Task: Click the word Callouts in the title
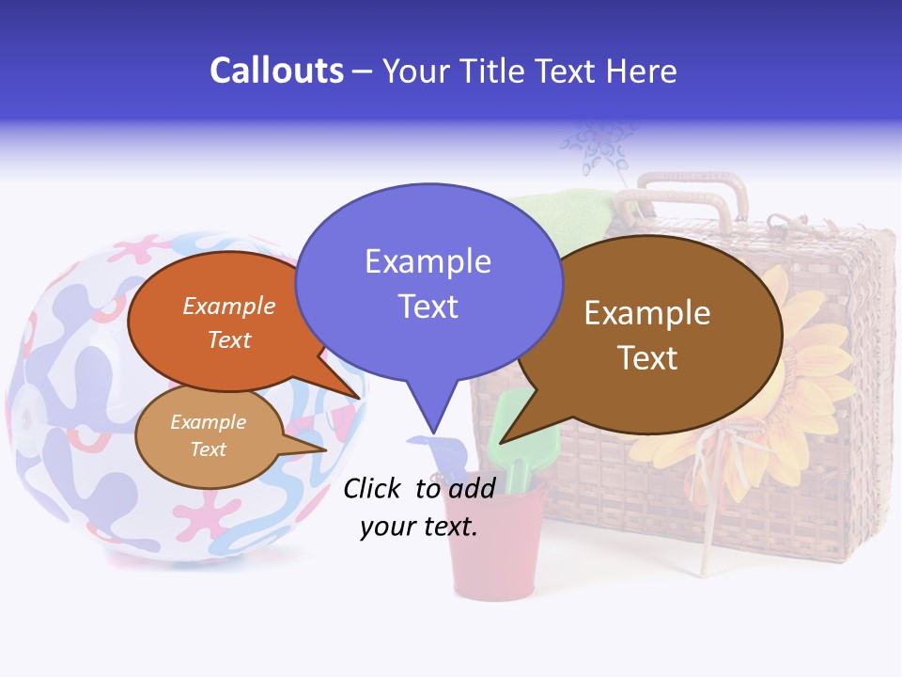click(276, 71)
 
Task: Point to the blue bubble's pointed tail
click(433, 414)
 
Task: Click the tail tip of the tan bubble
click(322, 449)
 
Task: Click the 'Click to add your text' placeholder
click(419, 507)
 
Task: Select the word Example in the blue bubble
click(428, 261)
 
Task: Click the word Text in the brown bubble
click(647, 358)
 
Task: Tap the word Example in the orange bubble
click(228, 307)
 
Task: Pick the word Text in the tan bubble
click(208, 449)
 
